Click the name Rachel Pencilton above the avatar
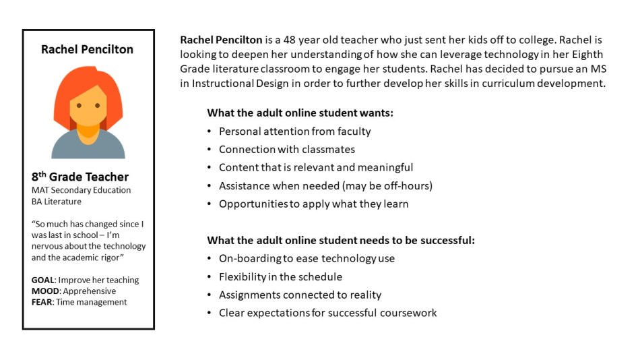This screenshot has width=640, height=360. (x=88, y=49)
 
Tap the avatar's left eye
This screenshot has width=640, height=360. (x=79, y=106)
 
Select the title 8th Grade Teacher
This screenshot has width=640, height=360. (x=80, y=177)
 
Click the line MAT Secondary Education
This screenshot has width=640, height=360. (x=82, y=190)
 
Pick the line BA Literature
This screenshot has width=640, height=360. (x=57, y=201)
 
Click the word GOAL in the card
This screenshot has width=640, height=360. (x=44, y=280)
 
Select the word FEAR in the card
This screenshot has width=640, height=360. (x=43, y=302)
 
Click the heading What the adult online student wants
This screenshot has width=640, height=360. (x=300, y=113)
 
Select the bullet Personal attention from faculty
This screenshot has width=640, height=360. (x=294, y=131)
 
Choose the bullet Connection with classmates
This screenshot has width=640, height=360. (x=286, y=150)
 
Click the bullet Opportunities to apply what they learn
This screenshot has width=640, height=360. (x=313, y=204)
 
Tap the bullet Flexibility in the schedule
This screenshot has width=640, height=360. (x=280, y=276)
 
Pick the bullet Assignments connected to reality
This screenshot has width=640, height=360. (x=300, y=295)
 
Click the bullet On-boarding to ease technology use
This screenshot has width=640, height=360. (x=307, y=258)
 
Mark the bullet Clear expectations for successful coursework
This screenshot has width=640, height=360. (x=327, y=313)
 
